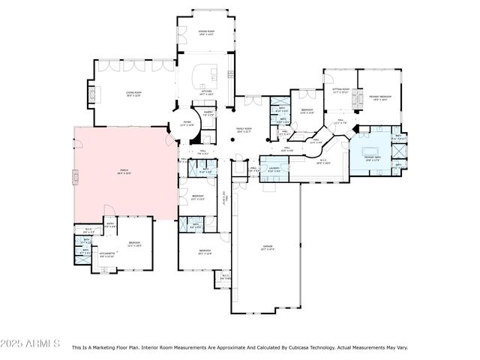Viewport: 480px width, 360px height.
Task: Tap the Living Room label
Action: [x=134, y=94]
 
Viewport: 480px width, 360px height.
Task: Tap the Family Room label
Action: [x=245, y=130]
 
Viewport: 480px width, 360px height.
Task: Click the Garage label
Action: [x=267, y=247]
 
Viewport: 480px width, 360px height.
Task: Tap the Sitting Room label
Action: [x=340, y=90]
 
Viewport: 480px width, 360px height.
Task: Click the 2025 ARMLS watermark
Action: [x=31, y=343]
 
